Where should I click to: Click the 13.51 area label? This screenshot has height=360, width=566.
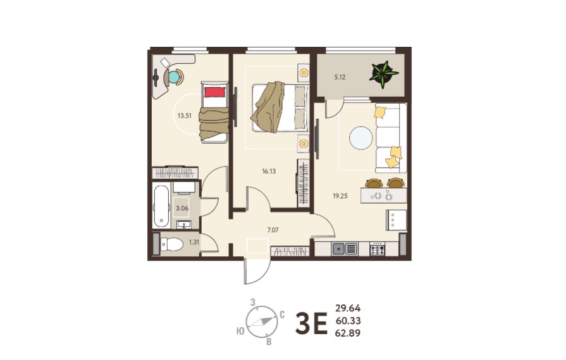(185, 116)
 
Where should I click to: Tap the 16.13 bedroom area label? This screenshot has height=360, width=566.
(269, 171)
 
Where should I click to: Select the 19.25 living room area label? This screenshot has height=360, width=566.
(340, 196)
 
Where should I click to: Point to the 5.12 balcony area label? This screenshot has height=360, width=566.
(340, 77)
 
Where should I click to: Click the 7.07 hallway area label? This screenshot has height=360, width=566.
(273, 230)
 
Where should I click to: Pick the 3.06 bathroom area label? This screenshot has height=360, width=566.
(182, 208)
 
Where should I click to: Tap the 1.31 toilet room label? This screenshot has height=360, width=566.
(194, 242)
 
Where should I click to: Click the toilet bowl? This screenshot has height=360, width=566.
(172, 244)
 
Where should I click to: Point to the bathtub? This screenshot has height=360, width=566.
(161, 206)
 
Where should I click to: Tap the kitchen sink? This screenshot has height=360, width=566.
(345, 249)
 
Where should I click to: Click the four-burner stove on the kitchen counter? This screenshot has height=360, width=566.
(377, 249)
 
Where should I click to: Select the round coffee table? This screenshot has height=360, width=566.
(360, 138)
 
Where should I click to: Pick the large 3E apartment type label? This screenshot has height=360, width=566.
(311, 324)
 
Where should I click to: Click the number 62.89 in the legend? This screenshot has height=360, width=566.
(348, 333)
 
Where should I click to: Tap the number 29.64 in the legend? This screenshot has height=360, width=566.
(348, 308)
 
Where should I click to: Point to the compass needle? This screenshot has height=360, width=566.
(262, 321)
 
